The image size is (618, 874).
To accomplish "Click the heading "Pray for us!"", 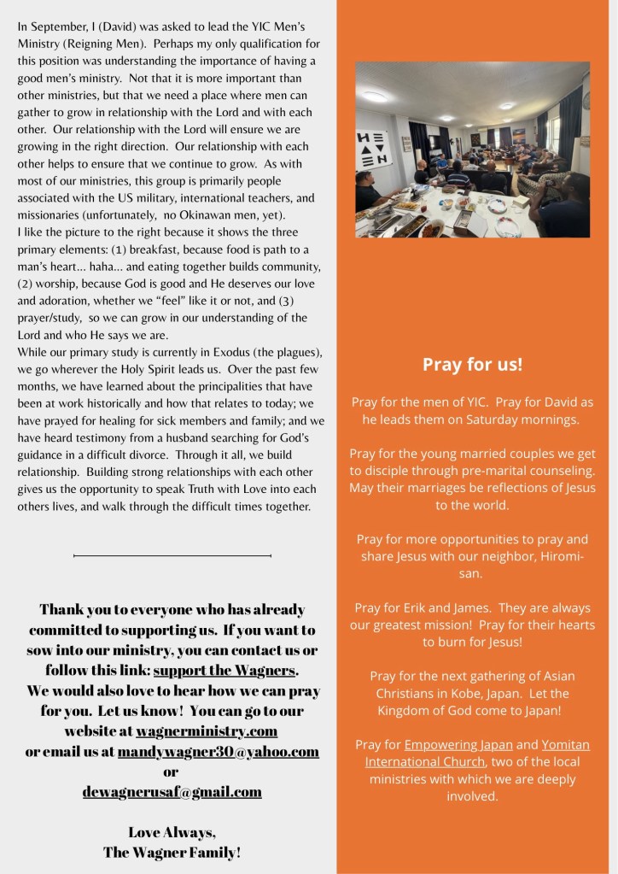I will tap(472, 365).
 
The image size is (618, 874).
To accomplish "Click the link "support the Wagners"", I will tap(225, 670).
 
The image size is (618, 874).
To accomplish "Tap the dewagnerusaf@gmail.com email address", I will tap(172, 792).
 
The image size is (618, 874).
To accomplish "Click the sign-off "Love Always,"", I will tap(172, 832).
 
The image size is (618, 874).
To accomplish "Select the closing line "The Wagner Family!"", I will tap(172, 852).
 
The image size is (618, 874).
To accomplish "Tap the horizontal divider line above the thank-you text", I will tap(172, 555).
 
